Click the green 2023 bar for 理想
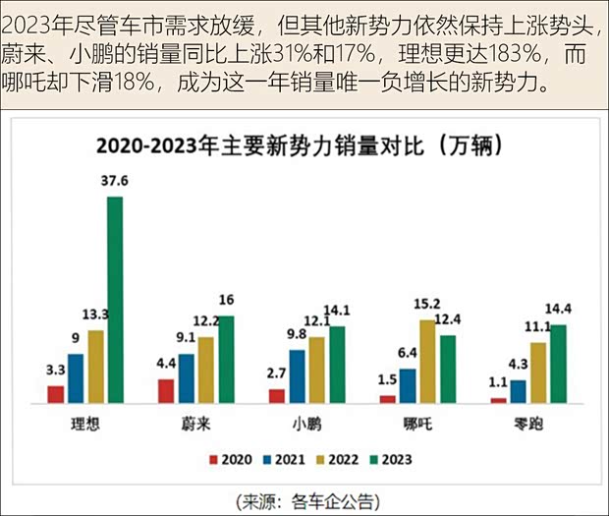click(x=115, y=300)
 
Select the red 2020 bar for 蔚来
click(x=166, y=390)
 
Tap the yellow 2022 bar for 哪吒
click(x=426, y=361)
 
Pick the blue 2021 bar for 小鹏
click(x=297, y=375)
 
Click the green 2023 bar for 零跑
click(x=558, y=364)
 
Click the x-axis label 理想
click(x=85, y=424)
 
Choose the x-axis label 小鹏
click(x=305, y=424)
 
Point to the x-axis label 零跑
click(x=527, y=424)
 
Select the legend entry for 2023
click(x=391, y=459)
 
